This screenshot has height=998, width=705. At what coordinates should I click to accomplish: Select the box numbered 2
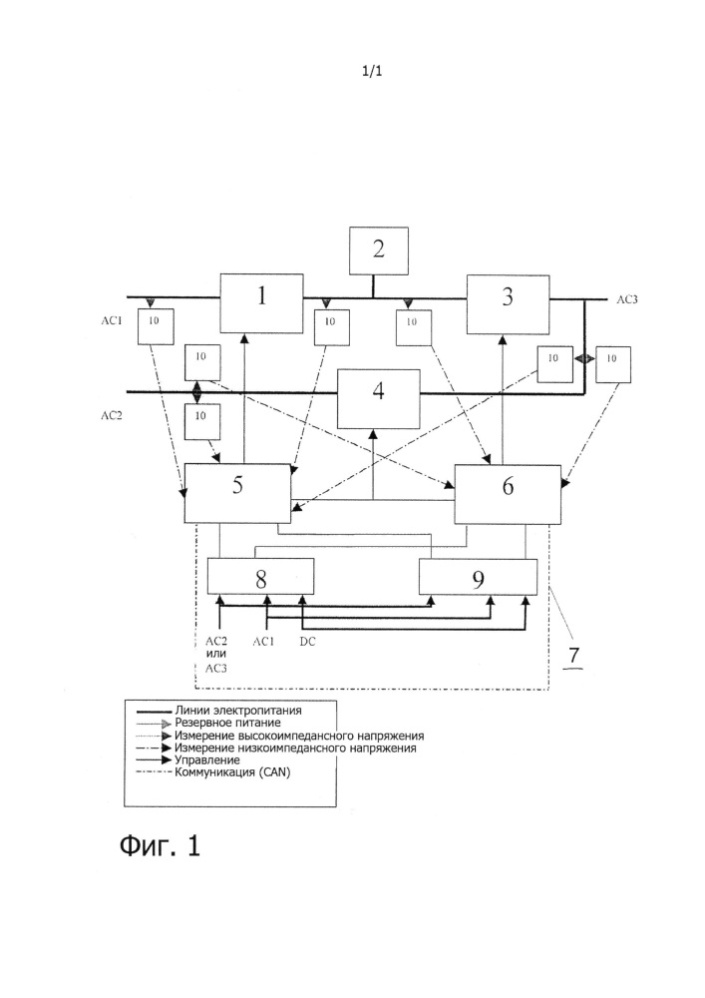(x=378, y=249)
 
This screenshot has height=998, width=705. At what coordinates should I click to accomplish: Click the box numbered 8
(x=260, y=577)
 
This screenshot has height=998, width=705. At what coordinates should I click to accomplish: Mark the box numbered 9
(x=478, y=577)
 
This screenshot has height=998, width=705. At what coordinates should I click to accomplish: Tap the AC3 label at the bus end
(x=627, y=298)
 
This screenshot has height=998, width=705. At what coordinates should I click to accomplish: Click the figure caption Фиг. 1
(x=160, y=846)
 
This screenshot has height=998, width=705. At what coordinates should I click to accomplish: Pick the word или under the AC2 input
(x=216, y=654)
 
